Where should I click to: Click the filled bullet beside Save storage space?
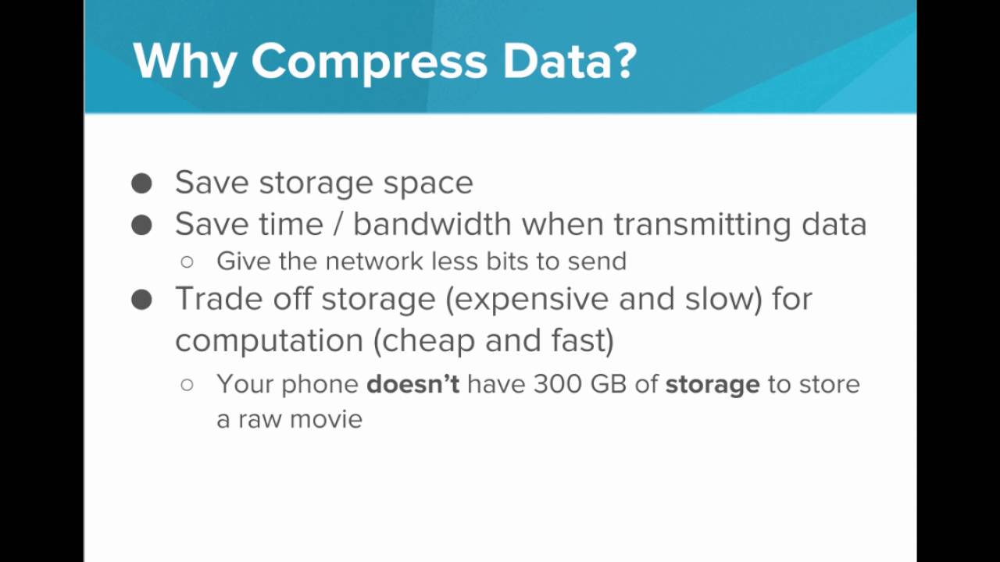point(141,183)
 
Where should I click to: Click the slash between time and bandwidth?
point(337,225)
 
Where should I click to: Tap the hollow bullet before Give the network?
point(187,261)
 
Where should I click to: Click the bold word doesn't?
point(412,384)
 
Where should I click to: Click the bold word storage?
point(712,385)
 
